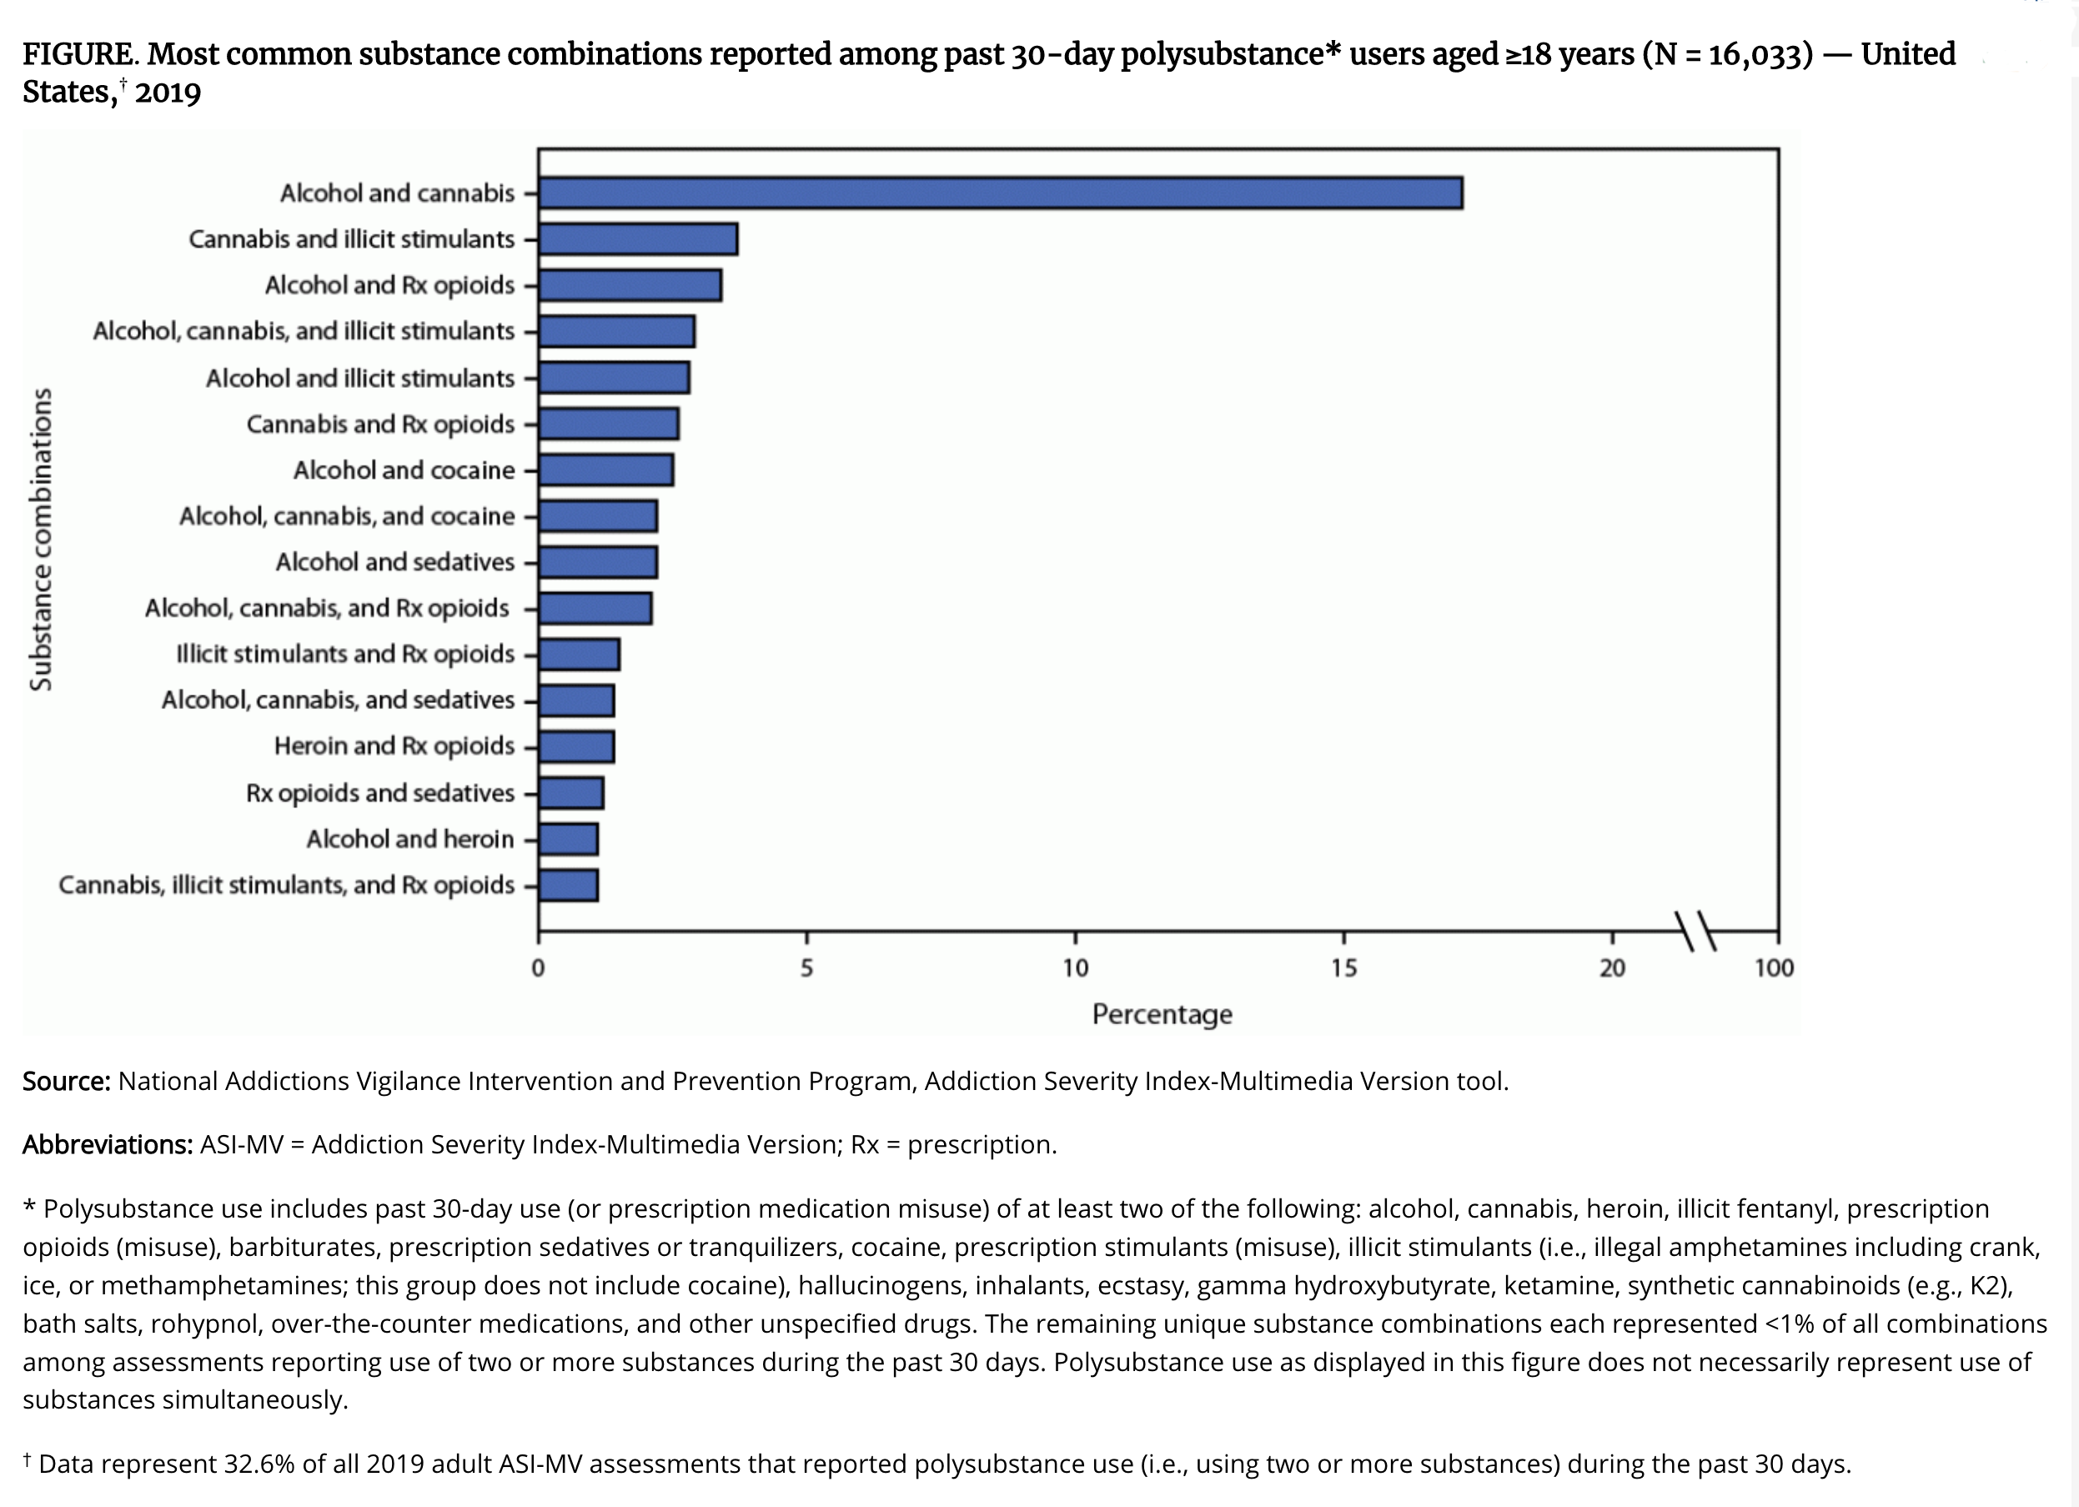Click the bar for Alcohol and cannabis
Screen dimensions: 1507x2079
999,193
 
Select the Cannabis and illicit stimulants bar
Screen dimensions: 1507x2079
638,239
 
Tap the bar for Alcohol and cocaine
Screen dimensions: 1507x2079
606,470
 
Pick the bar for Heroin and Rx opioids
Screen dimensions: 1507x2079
576,747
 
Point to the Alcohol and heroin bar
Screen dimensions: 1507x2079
569,839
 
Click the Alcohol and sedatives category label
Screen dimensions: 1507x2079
395,562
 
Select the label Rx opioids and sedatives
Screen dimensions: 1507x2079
379,793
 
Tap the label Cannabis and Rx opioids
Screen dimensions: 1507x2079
380,424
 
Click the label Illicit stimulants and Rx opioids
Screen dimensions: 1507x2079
344,655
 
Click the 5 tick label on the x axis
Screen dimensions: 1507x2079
806,968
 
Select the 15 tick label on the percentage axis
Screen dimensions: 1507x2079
1343,968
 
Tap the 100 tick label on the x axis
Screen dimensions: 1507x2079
1774,968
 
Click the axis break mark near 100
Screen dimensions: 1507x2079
1696,932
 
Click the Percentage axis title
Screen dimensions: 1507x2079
1162,1015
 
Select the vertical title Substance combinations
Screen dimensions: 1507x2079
41,539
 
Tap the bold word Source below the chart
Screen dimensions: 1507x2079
66,1082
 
